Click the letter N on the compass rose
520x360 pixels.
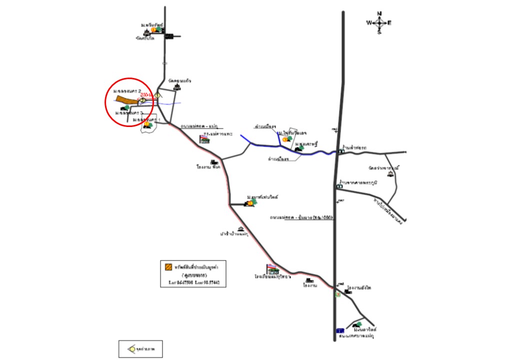point(379,13)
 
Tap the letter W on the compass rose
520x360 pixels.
point(369,23)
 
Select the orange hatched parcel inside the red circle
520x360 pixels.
point(127,100)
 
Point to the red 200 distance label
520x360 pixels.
point(146,94)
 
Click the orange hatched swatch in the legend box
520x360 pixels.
point(168,267)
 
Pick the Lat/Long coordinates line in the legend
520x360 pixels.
point(190,282)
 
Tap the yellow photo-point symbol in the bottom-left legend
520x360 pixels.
point(131,348)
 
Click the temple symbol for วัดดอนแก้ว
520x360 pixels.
point(176,87)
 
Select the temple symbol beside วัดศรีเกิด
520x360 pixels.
point(146,31)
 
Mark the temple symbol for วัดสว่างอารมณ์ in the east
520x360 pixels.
point(390,174)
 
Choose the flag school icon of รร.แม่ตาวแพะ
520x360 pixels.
point(204,139)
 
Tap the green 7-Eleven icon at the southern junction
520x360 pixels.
point(337,294)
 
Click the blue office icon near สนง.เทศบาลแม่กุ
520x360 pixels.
point(340,330)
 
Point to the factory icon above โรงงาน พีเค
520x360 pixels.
point(214,162)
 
